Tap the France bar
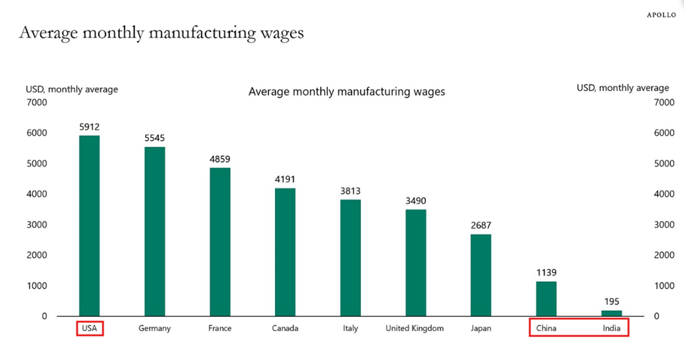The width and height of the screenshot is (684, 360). [x=220, y=242]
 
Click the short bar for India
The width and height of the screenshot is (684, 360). [x=611, y=313]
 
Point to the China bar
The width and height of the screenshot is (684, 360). [x=546, y=298]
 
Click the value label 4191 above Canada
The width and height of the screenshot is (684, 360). [x=285, y=179]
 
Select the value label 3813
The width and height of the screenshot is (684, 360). [x=350, y=191]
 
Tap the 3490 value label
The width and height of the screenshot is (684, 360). [x=415, y=201]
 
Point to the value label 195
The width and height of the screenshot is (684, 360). [x=611, y=302]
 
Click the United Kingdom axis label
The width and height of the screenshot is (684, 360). [x=415, y=328]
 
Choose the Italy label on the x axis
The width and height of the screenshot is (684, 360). [x=350, y=328]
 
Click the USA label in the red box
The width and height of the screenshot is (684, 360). [x=90, y=328]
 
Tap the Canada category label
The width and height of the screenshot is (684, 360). [x=285, y=328]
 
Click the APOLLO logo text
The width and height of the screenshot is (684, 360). [x=661, y=15]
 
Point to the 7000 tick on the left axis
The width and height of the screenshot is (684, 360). [x=37, y=102]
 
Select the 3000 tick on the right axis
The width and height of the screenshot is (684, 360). [x=664, y=225]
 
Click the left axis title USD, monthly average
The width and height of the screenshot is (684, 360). [x=72, y=89]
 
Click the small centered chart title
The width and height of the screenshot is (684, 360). [x=347, y=91]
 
